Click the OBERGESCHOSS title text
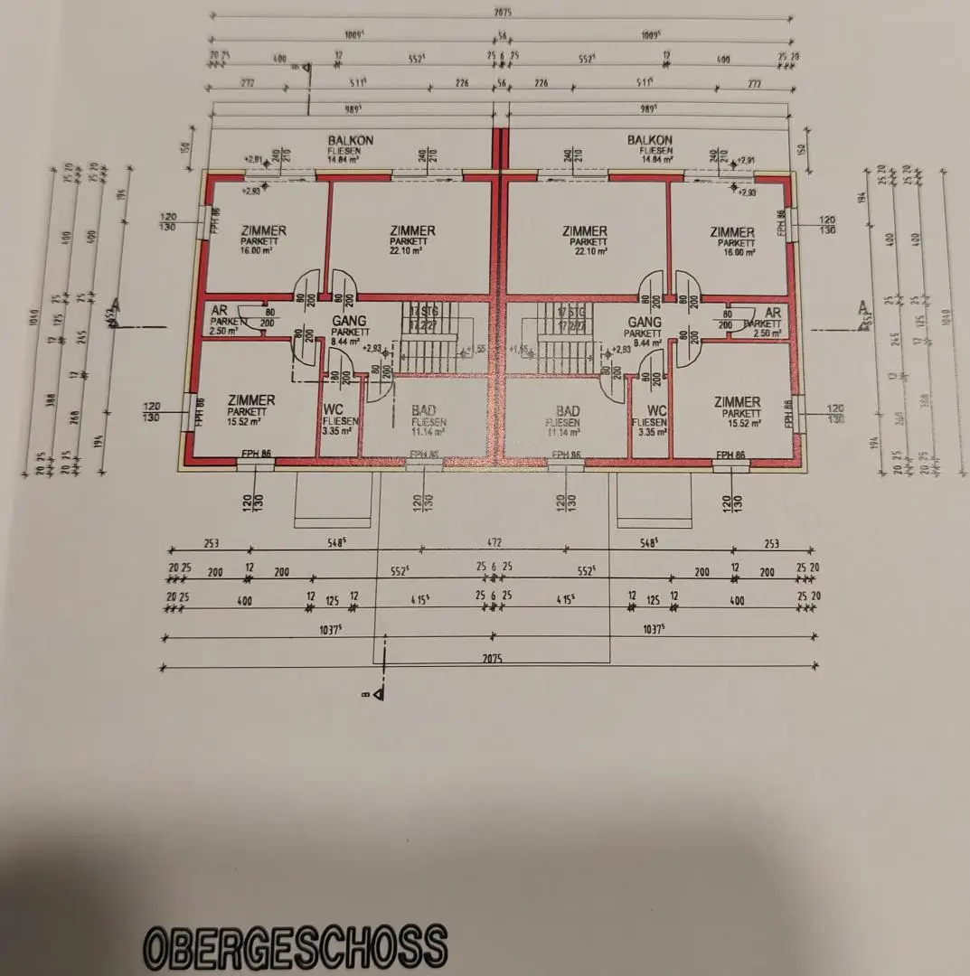coord(296,945)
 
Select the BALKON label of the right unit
coord(649,141)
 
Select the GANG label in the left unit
coord(348,322)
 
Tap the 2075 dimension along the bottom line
coord(494,660)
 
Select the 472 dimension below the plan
coord(493,543)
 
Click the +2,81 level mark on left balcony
coord(252,159)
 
